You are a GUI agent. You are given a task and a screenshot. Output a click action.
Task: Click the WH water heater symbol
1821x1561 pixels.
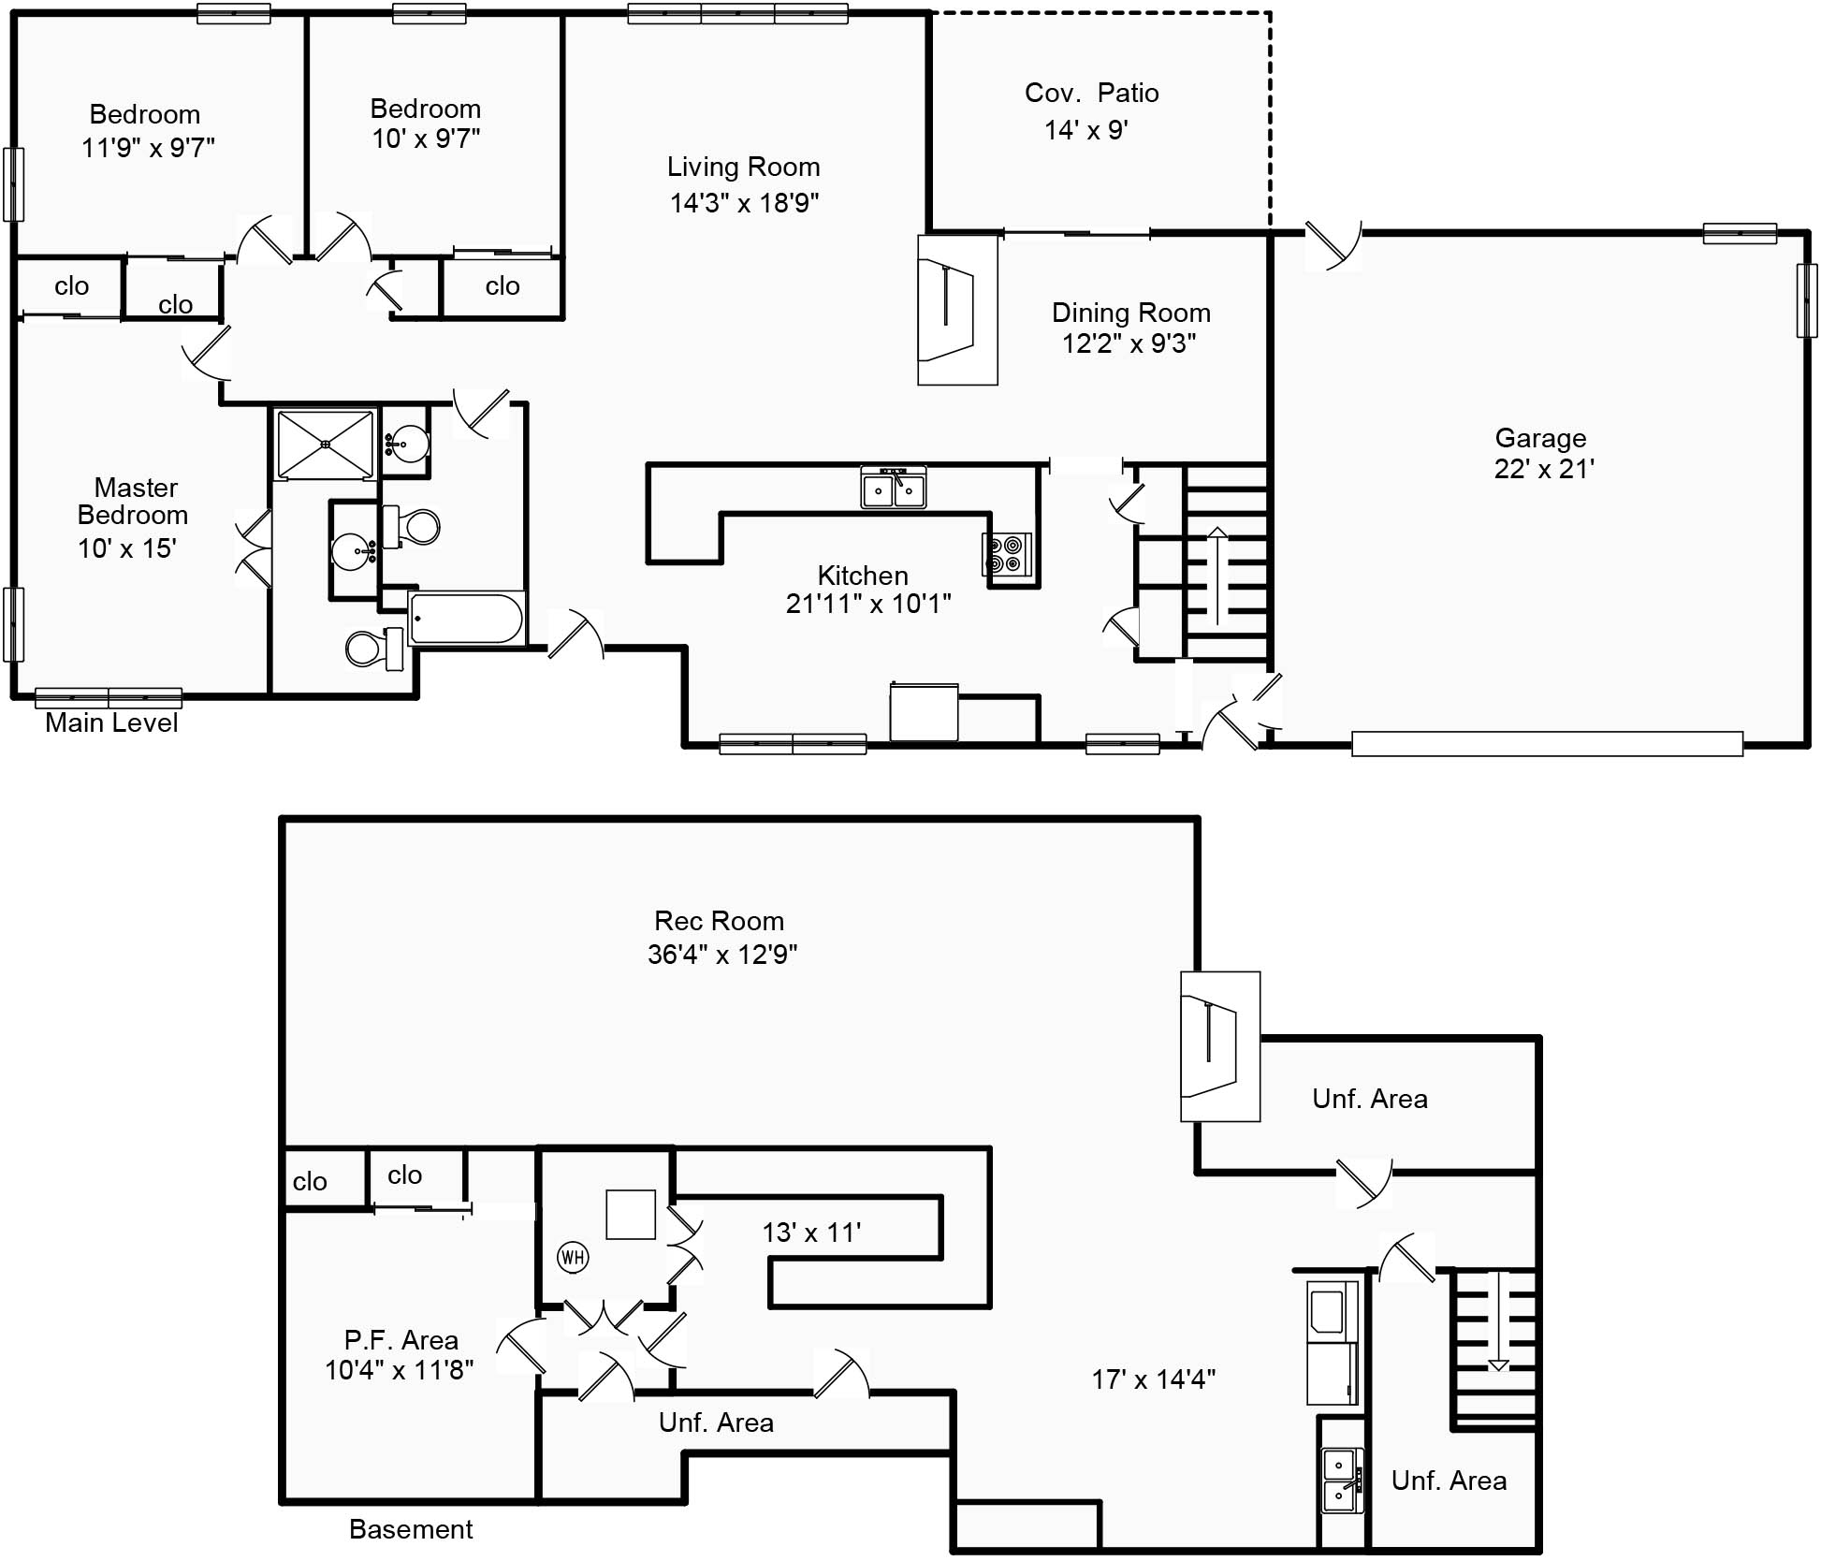[573, 1257]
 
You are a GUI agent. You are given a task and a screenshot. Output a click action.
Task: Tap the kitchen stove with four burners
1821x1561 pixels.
[1007, 553]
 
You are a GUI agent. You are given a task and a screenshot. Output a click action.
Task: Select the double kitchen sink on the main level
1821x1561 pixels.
[894, 488]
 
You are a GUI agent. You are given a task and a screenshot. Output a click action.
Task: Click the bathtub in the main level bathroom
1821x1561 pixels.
[467, 618]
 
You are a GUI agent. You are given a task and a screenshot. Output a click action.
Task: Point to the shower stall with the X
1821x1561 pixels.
[325, 444]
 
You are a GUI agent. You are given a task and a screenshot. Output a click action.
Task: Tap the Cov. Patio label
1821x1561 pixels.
[1091, 93]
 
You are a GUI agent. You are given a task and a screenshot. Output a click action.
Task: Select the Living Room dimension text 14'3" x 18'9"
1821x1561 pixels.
[744, 202]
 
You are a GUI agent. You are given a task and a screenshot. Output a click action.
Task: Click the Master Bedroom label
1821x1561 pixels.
[134, 501]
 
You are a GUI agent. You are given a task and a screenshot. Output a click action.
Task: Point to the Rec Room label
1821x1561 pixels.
[719, 921]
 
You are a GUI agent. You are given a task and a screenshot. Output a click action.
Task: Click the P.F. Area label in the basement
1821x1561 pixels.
[401, 1340]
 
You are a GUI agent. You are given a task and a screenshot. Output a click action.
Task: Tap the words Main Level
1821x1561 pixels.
[111, 722]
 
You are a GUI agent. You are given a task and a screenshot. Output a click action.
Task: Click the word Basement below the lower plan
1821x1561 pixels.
[411, 1529]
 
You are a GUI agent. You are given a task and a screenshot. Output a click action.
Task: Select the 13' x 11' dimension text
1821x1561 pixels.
[811, 1233]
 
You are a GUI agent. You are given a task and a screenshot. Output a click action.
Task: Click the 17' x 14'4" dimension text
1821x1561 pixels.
[1153, 1379]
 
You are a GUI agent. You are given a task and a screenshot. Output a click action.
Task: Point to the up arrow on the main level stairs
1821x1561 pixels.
[1216, 576]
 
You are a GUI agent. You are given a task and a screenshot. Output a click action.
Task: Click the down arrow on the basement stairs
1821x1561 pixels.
[1499, 1320]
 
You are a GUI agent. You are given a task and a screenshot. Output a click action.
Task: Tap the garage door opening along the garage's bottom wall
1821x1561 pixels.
[1547, 744]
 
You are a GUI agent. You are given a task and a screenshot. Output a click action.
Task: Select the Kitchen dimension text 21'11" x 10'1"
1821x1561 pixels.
[868, 604]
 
